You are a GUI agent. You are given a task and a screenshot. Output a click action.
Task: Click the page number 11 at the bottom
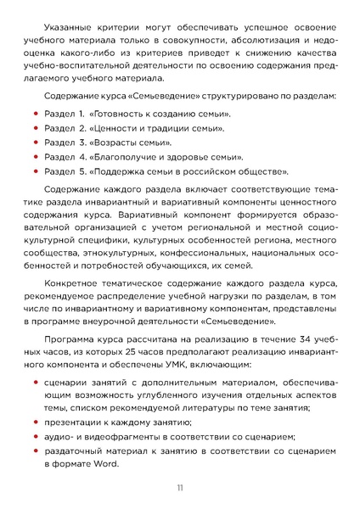pyautogui.click(x=179, y=488)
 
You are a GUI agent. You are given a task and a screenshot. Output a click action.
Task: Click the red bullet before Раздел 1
pyautogui.click(x=35, y=113)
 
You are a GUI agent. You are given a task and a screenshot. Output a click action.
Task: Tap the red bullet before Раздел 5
pyautogui.click(x=35, y=171)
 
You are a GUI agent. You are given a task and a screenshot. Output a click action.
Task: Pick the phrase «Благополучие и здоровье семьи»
pyautogui.click(x=166, y=156)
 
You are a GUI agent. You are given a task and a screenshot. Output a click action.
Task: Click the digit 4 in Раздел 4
pyautogui.click(x=82, y=156)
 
